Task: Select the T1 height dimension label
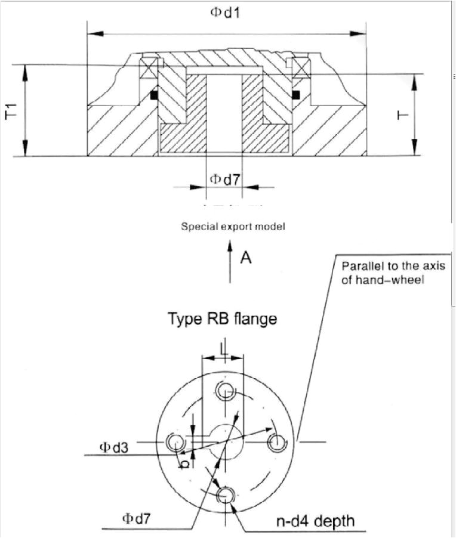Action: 11,110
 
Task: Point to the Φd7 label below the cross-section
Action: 224,178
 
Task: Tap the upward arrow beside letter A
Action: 230,261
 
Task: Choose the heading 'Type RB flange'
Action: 222,319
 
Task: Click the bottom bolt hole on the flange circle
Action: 226,494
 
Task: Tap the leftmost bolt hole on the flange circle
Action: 175,442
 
